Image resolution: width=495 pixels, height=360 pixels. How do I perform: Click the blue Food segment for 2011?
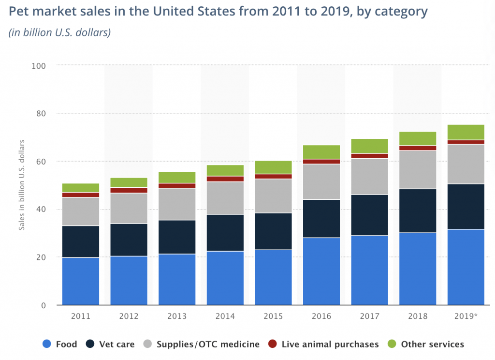pyautogui.click(x=81, y=281)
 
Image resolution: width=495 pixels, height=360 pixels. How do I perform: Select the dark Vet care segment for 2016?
pyautogui.click(x=321, y=218)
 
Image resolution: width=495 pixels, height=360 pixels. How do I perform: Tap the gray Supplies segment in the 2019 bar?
pyautogui.click(x=466, y=164)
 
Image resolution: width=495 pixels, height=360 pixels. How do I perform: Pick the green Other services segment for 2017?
pyautogui.click(x=370, y=146)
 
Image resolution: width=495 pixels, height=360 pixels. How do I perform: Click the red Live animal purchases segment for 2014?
pyautogui.click(x=225, y=179)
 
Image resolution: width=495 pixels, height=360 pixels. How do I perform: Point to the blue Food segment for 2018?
pyautogui.click(x=418, y=269)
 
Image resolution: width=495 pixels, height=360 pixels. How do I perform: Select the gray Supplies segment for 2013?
pyautogui.click(x=177, y=204)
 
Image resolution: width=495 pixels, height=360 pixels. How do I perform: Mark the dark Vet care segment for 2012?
pyautogui.click(x=129, y=240)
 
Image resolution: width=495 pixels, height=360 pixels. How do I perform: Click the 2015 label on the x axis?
pyautogui.click(x=273, y=316)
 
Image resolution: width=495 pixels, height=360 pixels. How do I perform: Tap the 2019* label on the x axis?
pyautogui.click(x=466, y=316)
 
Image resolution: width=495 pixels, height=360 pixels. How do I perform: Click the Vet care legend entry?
pyautogui.click(x=110, y=344)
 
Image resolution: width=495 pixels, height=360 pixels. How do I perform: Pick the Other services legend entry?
pyautogui.click(x=426, y=344)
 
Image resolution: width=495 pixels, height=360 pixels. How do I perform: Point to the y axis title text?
pyautogui.click(x=22, y=185)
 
